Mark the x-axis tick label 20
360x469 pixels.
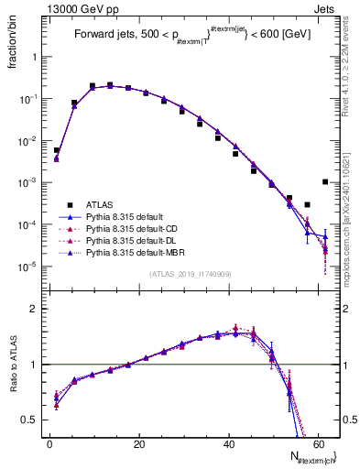(138, 444)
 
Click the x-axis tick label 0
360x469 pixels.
(49, 444)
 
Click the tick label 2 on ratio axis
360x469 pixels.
(36, 309)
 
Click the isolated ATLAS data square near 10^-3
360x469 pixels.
(325, 181)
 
